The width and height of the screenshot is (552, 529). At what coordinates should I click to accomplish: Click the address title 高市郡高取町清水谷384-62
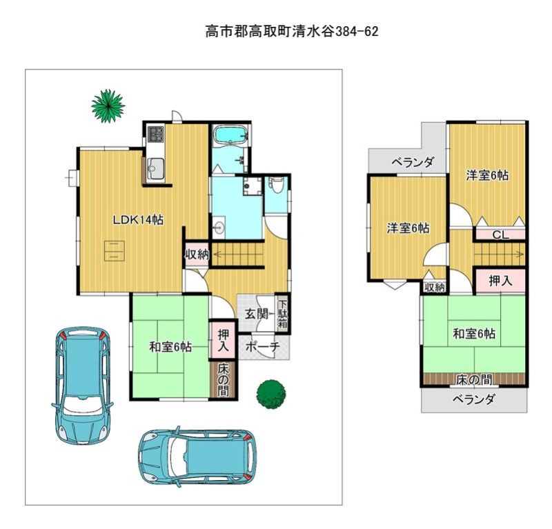292,32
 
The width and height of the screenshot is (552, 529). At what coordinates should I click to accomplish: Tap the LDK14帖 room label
137,220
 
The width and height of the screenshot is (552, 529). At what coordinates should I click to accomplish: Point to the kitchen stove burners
156,134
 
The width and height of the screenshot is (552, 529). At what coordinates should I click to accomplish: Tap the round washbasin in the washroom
219,228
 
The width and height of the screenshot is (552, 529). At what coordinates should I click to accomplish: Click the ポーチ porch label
263,347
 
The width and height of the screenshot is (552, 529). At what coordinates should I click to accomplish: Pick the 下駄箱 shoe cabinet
283,314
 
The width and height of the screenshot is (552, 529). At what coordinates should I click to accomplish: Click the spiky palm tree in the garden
108,106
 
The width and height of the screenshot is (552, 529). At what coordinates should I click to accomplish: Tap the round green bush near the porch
271,394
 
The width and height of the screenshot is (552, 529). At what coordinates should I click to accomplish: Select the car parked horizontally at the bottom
197,457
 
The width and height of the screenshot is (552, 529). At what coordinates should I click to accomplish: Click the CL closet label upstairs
501,234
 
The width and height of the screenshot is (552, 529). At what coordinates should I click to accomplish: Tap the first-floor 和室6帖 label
170,348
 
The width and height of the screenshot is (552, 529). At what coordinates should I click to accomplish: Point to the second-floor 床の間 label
474,379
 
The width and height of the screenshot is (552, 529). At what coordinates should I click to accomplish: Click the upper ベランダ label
413,163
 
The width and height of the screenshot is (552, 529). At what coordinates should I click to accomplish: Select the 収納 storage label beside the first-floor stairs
197,254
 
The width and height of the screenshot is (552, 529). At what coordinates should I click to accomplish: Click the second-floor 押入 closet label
500,281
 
